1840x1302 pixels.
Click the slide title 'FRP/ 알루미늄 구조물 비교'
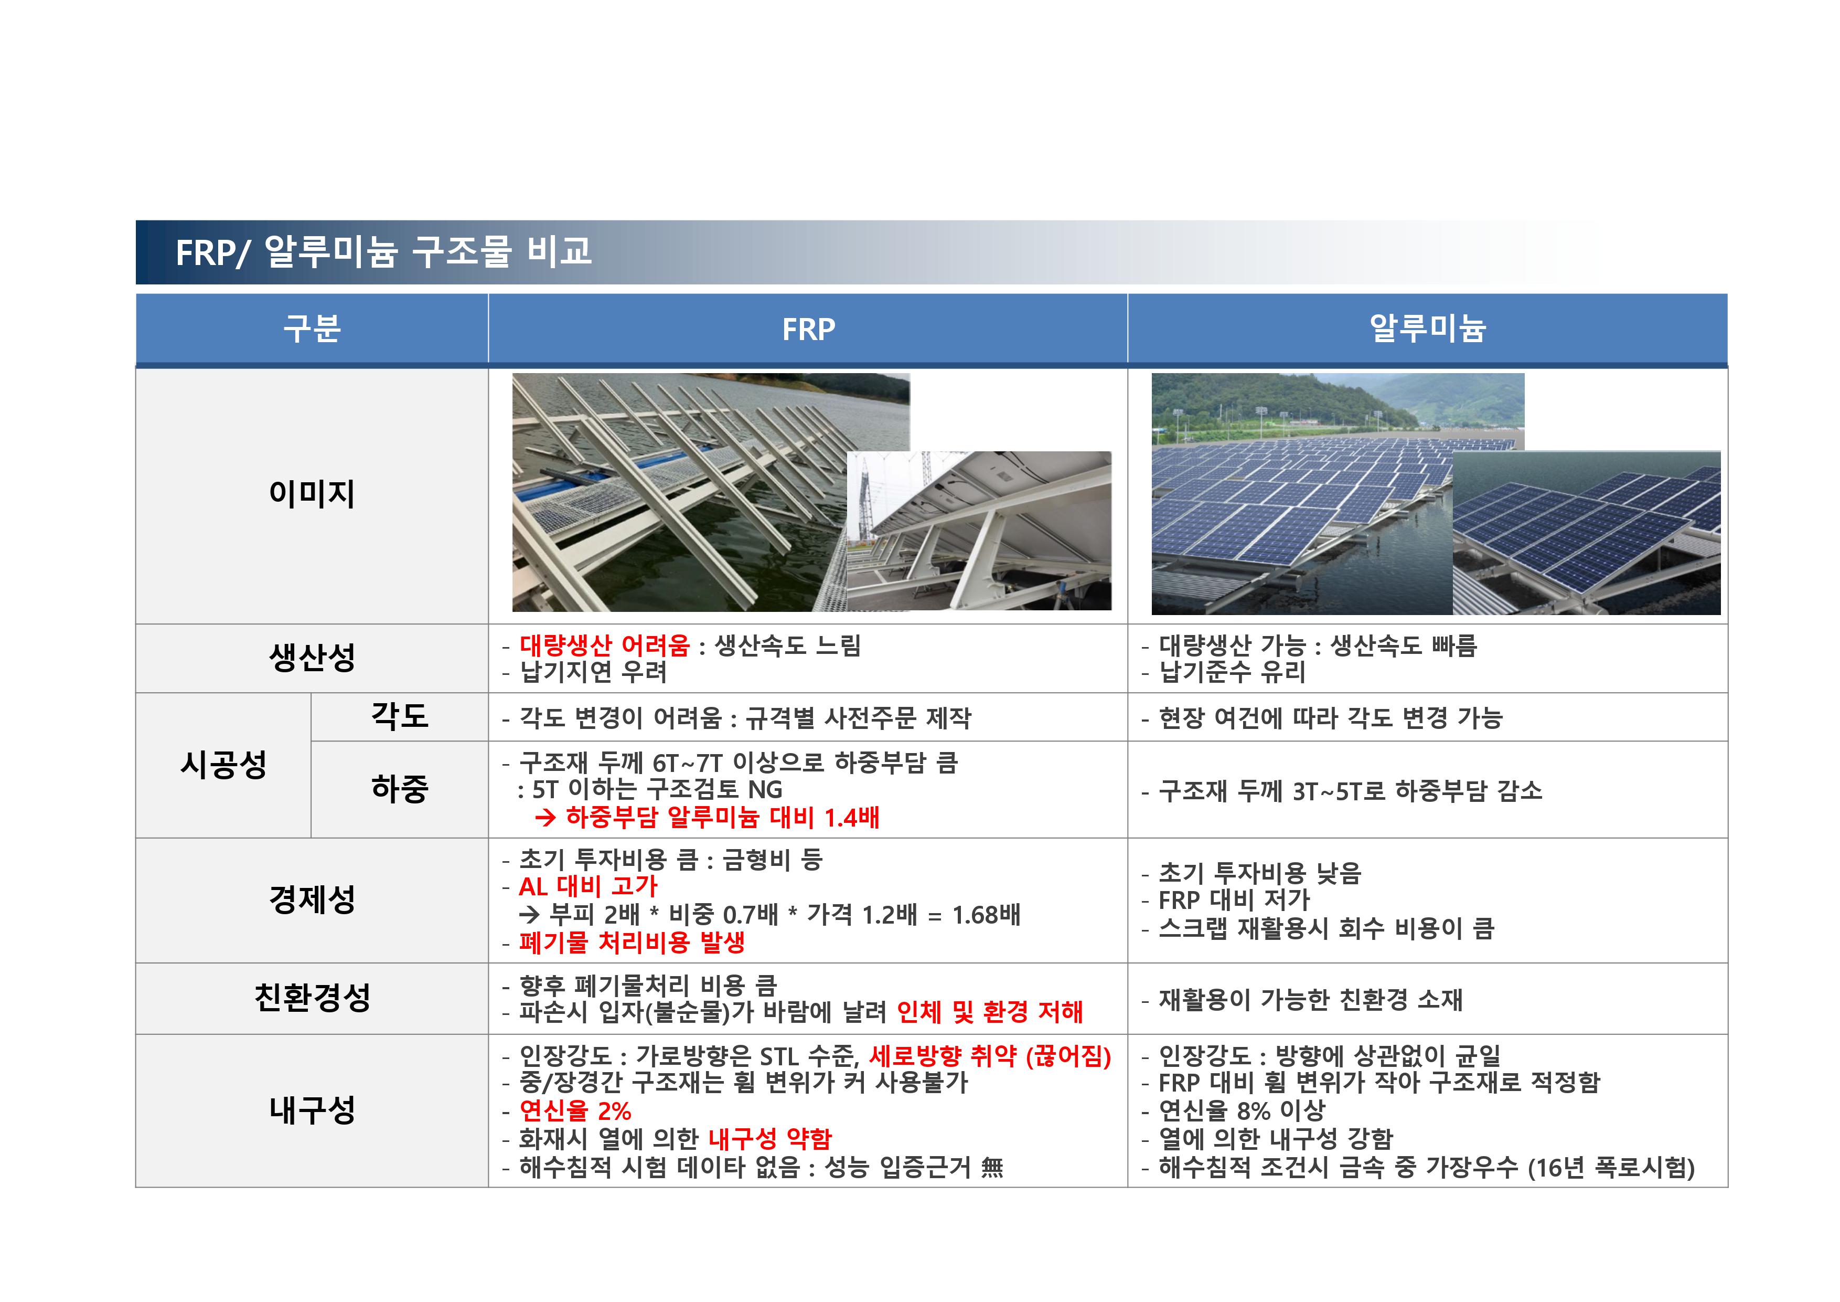[x=383, y=252]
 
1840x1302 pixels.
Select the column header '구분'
[x=312, y=329]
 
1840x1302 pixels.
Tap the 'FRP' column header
[x=808, y=329]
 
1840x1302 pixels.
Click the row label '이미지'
[x=312, y=493]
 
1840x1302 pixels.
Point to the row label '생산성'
[x=312, y=658]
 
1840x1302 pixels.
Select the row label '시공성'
[x=223, y=764]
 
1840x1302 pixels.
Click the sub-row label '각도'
[x=399, y=715]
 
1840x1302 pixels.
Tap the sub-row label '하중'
[x=399, y=788]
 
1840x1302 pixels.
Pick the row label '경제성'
[x=312, y=899]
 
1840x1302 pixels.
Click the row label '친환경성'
[x=312, y=997]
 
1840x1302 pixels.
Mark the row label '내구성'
[x=312, y=1109]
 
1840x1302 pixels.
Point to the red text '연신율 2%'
[x=574, y=1110]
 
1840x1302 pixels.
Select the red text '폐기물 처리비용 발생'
[x=632, y=942]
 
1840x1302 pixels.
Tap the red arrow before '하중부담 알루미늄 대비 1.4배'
[x=545, y=818]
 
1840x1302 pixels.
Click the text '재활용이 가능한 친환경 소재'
[x=1310, y=1000]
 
